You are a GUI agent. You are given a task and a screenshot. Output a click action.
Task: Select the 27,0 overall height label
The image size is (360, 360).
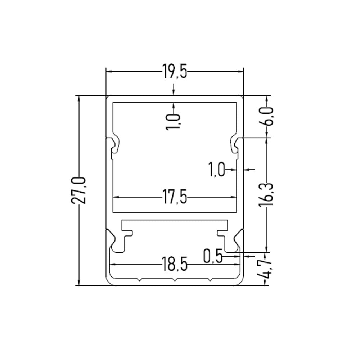point(79,190)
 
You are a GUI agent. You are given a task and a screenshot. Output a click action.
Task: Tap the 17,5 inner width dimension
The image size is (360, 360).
point(175,197)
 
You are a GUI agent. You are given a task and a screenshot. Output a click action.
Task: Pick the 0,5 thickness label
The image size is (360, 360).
point(212,256)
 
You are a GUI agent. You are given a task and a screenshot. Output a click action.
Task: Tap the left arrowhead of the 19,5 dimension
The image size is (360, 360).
point(108,72)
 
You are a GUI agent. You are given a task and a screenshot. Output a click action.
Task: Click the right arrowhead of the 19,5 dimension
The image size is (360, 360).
point(241,72)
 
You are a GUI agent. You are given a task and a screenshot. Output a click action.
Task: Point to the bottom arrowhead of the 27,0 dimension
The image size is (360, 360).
point(79,283)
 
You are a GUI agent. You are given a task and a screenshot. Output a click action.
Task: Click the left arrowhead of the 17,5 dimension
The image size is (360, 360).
point(116,197)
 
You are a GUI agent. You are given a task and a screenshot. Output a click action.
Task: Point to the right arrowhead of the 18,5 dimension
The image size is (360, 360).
point(238,264)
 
